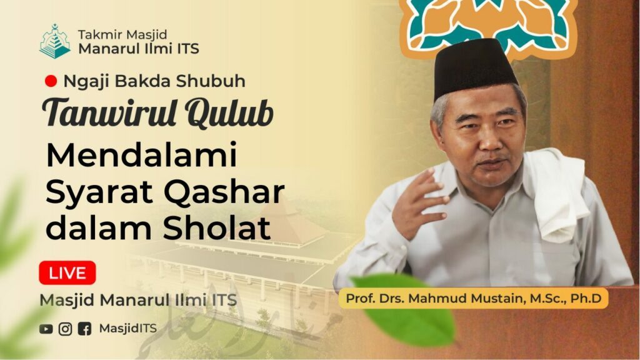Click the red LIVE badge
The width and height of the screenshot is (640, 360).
(x=67, y=272)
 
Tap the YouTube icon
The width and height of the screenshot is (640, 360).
(x=46, y=329)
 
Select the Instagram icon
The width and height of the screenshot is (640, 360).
(x=65, y=329)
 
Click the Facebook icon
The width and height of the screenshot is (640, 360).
(x=84, y=329)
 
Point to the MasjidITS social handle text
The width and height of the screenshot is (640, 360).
(x=127, y=329)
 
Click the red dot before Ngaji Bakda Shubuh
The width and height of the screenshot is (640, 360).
(x=51, y=81)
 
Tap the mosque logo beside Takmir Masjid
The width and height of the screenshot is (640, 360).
(x=55, y=41)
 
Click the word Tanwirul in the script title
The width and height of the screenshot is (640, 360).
(x=109, y=112)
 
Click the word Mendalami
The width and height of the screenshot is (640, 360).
(x=142, y=155)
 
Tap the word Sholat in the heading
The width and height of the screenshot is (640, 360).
(x=217, y=227)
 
